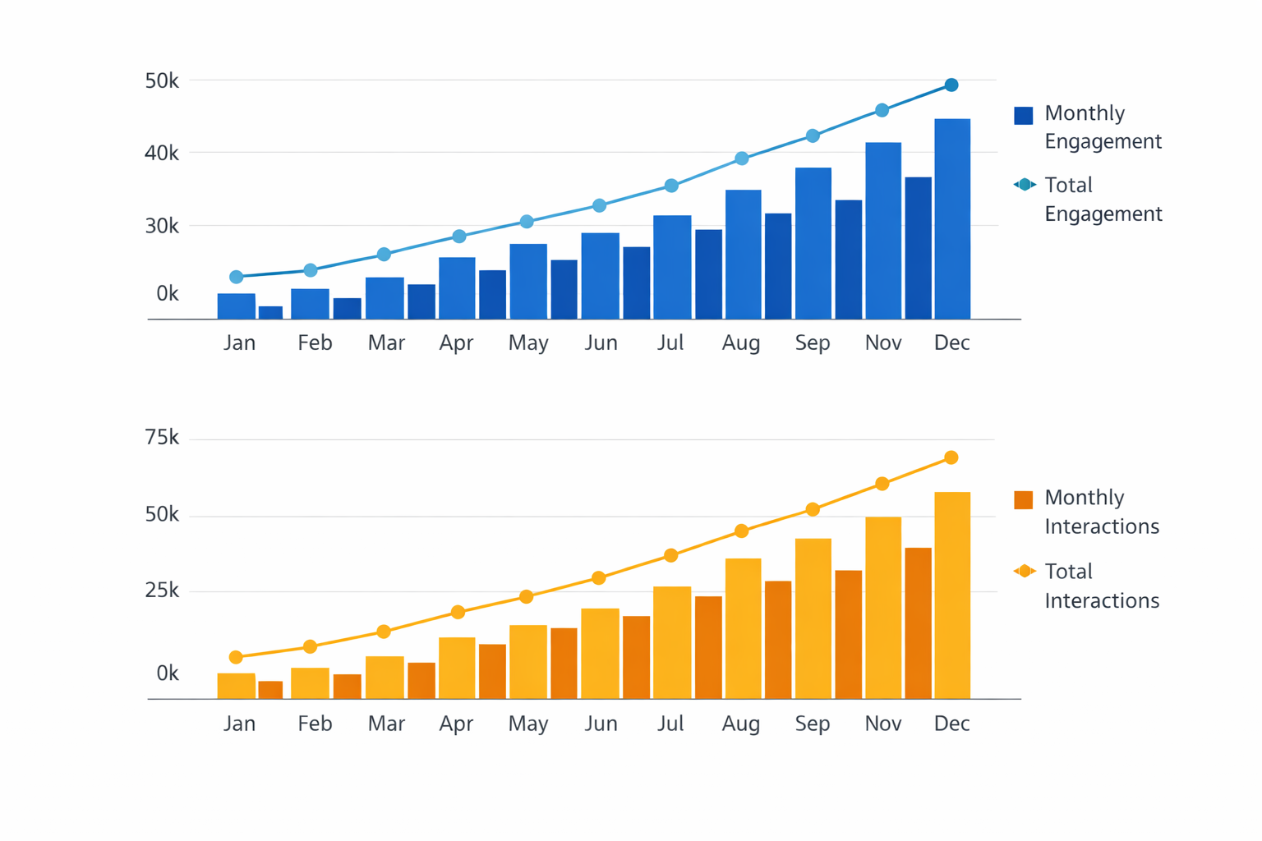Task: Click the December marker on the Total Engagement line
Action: click(951, 85)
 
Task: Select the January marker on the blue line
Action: click(237, 277)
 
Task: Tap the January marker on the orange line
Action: click(237, 657)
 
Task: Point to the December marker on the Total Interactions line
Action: click(951, 457)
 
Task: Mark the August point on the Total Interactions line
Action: click(742, 531)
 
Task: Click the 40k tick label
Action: click(162, 154)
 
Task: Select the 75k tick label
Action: click(162, 438)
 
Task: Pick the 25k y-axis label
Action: click(162, 591)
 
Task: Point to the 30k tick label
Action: click(162, 226)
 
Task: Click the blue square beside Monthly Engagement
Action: click(1024, 116)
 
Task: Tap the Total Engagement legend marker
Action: click(1025, 185)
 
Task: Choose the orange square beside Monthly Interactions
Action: click(1024, 500)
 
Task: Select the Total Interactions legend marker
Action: click(1025, 571)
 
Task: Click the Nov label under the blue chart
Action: click(883, 342)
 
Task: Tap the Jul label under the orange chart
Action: click(670, 724)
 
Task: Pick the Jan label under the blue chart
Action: click(239, 342)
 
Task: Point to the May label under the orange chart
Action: click(528, 724)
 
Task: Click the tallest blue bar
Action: click(952, 218)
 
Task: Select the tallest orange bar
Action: click(952, 595)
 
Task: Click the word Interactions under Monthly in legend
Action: click(1102, 526)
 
